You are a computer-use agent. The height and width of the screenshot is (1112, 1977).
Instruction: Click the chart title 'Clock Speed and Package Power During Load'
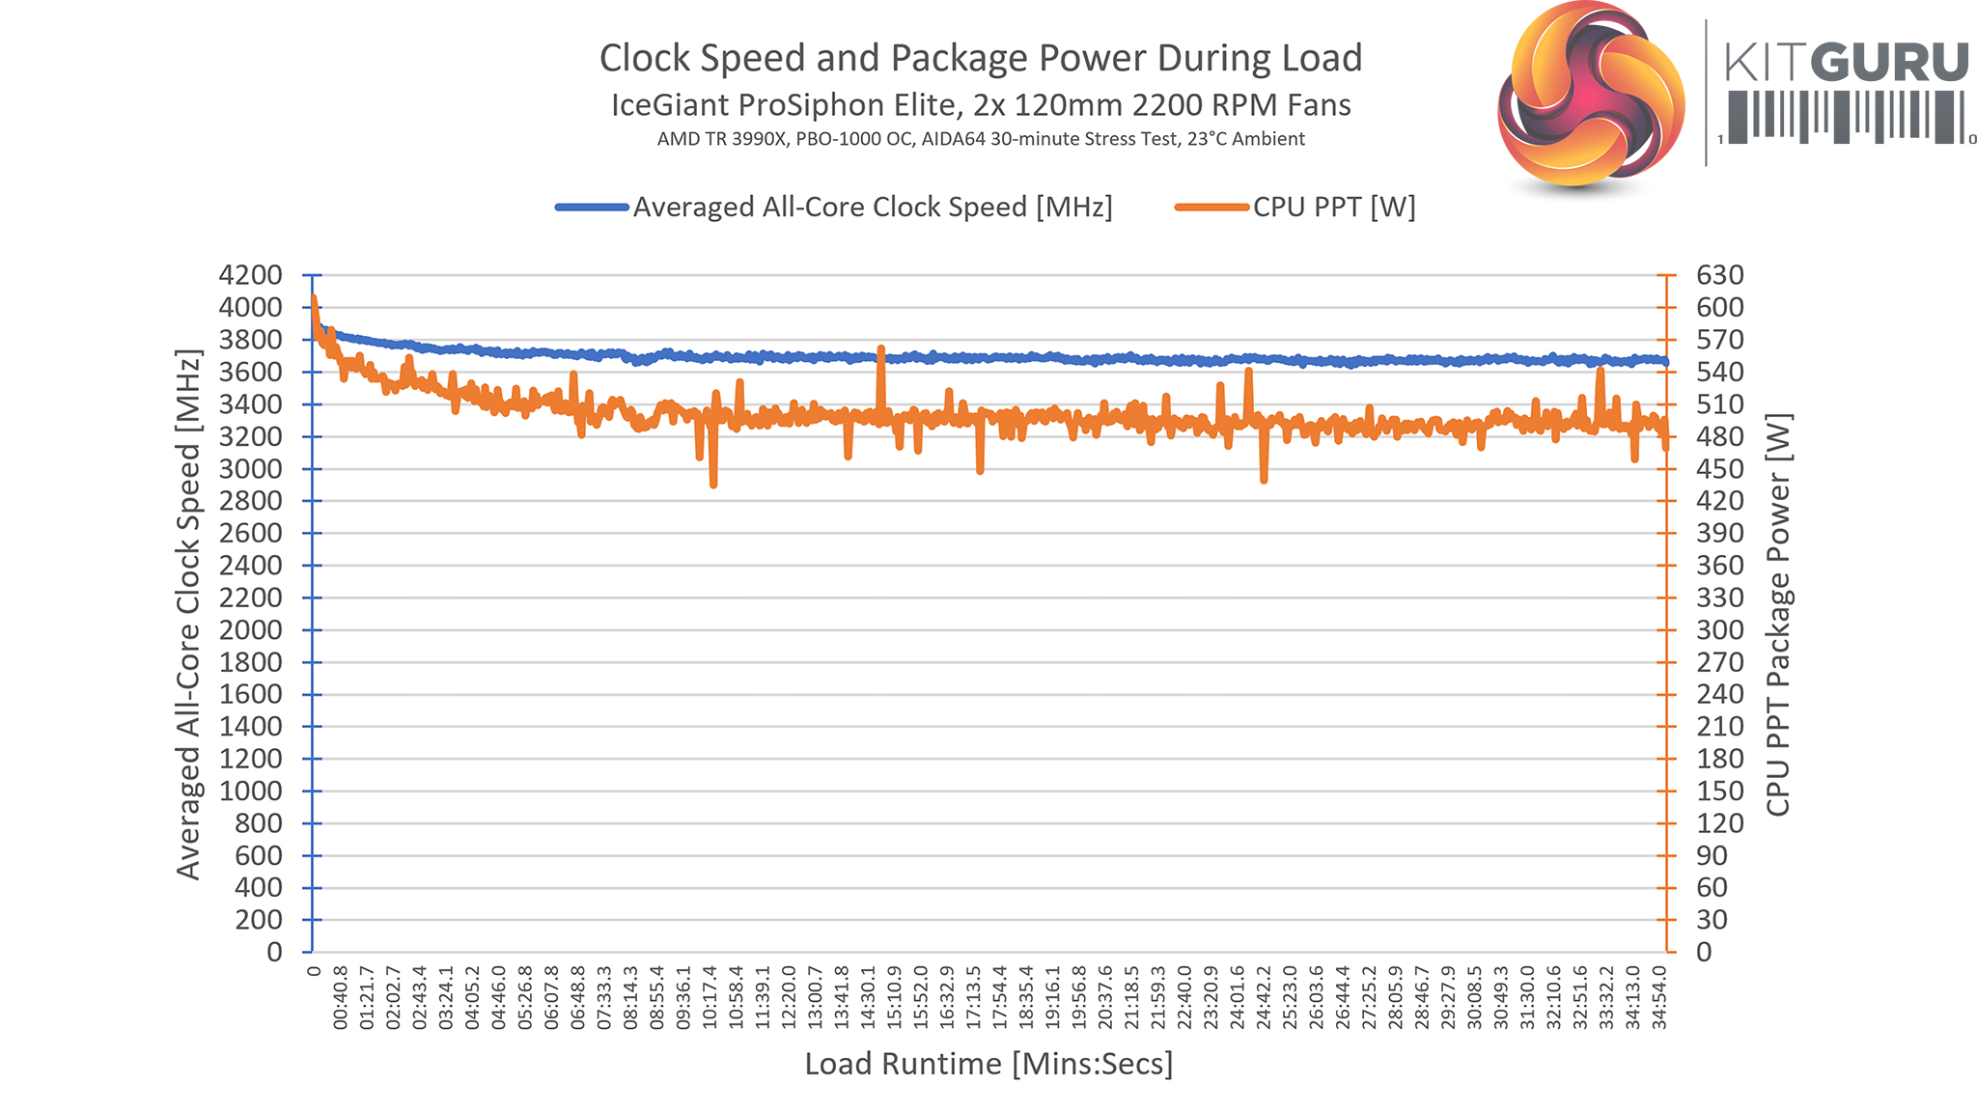pos(980,58)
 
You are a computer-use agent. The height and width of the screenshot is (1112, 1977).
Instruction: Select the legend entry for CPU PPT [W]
pos(1333,208)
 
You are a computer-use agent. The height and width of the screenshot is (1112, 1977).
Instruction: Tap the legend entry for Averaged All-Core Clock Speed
pos(872,208)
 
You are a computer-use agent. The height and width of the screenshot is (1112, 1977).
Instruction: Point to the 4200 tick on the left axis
pos(251,275)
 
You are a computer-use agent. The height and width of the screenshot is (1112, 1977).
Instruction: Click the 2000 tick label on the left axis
pos(251,630)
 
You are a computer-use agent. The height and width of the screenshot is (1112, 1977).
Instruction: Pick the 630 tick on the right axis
pos(1720,275)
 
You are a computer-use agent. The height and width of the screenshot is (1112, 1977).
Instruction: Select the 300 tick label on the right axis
pos(1720,630)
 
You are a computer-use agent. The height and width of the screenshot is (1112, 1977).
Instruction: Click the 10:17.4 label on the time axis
pos(710,998)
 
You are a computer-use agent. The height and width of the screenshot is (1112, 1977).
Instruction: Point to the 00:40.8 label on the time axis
pos(340,998)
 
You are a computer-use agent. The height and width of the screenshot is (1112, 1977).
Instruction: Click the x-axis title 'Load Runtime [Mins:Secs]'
pos(988,1064)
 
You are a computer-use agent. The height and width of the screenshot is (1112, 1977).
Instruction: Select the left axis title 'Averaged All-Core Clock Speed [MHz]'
pos(188,614)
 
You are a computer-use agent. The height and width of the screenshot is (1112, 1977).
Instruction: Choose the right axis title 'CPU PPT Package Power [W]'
pos(1778,614)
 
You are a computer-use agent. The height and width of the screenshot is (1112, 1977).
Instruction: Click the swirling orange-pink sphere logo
pos(1591,94)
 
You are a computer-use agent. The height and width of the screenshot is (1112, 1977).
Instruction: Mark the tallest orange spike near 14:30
pos(880,349)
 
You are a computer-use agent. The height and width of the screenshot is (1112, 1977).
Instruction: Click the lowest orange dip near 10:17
pos(713,484)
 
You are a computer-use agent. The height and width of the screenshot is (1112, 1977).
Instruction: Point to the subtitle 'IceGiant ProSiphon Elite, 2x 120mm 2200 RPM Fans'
pos(980,104)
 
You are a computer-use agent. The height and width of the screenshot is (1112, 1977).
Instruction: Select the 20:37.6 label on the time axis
pos(1106,998)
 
